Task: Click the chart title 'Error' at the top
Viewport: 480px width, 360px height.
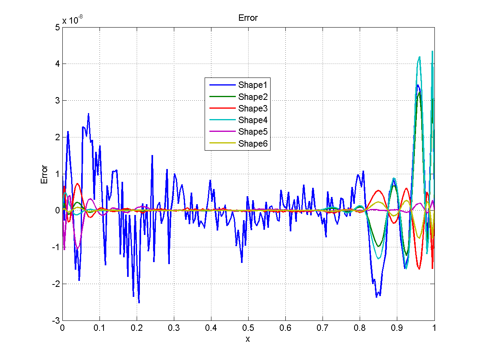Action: pyautogui.click(x=248, y=18)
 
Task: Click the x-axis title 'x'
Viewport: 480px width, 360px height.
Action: pyautogui.click(x=248, y=339)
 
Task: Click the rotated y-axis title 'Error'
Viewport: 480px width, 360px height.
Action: pyautogui.click(x=44, y=174)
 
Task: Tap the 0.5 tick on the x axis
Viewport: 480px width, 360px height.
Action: pyautogui.click(x=248, y=328)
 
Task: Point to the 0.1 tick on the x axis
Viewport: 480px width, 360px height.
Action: pyautogui.click(x=100, y=328)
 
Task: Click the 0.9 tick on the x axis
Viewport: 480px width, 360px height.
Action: pyautogui.click(x=397, y=328)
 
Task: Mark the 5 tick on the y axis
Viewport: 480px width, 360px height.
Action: pyautogui.click(x=58, y=27)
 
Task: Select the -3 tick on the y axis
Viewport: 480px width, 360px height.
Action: pyautogui.click(x=56, y=321)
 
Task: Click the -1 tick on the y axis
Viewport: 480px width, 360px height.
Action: pyautogui.click(x=56, y=247)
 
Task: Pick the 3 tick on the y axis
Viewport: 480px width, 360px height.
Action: pyautogui.click(x=58, y=100)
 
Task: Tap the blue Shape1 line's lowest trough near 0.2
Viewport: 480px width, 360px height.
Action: pyautogui.click(x=139, y=302)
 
